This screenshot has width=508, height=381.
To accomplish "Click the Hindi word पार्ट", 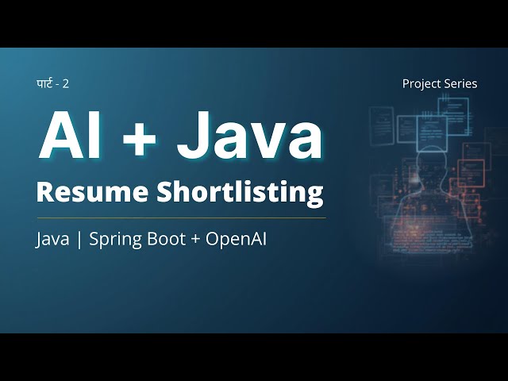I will click(x=47, y=83).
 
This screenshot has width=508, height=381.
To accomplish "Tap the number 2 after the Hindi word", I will click(x=76, y=83).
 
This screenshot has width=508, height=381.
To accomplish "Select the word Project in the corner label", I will click(x=421, y=83).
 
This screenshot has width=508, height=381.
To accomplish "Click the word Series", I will click(x=461, y=83).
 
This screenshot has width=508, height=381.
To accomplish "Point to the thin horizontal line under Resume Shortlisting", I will click(x=181, y=217).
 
